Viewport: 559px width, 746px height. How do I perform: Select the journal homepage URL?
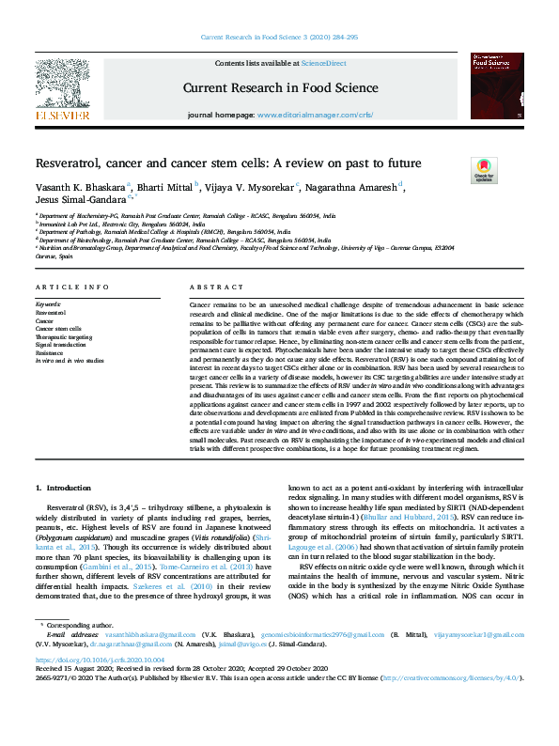point(315,114)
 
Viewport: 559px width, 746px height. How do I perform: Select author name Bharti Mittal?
point(167,186)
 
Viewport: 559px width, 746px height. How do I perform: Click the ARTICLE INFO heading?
point(65,287)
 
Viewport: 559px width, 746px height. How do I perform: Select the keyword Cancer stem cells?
point(59,328)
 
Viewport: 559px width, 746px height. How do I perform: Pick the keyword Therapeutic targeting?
point(65,335)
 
